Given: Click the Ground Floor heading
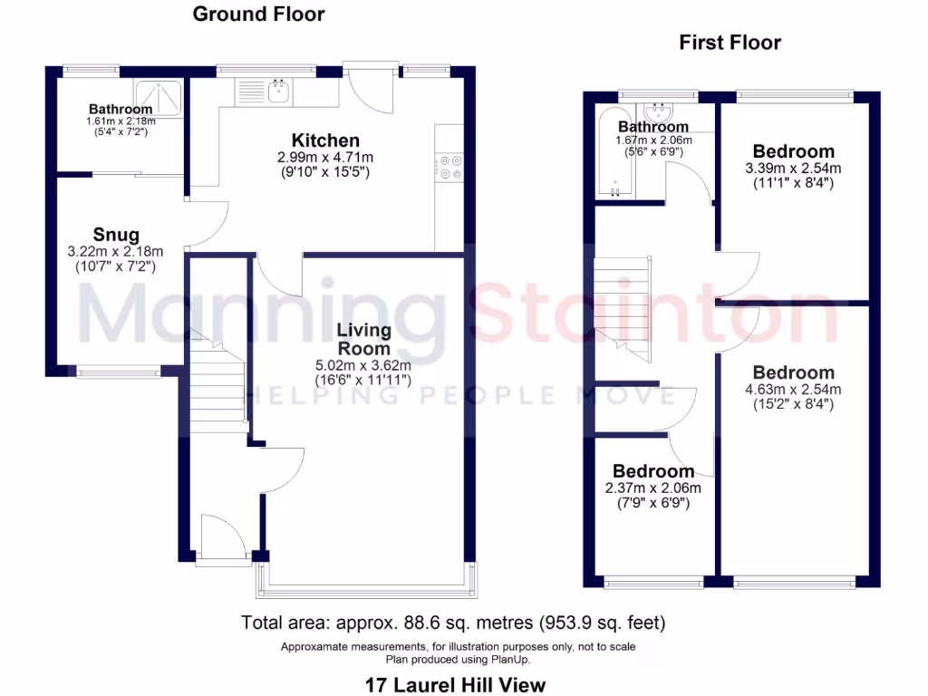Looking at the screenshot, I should tap(258, 14).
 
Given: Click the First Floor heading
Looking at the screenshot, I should tap(730, 43).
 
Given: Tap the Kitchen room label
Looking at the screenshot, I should tap(324, 140).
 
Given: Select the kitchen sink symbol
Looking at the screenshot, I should tap(276, 89).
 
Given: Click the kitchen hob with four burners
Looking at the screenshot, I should tap(449, 169).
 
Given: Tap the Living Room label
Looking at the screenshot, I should tap(363, 339).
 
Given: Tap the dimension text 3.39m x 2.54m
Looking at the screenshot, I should tap(793, 168).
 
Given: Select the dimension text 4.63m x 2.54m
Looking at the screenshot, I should tap(793, 390).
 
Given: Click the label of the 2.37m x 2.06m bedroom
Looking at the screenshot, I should tap(652, 471).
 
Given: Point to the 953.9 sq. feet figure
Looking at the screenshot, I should tap(603, 623).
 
